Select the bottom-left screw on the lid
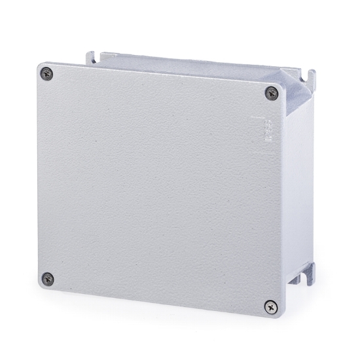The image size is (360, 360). pyautogui.click(x=47, y=278)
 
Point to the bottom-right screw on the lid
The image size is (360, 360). pyautogui.click(x=270, y=305)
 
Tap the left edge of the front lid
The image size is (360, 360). pyautogui.click(x=38, y=177)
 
